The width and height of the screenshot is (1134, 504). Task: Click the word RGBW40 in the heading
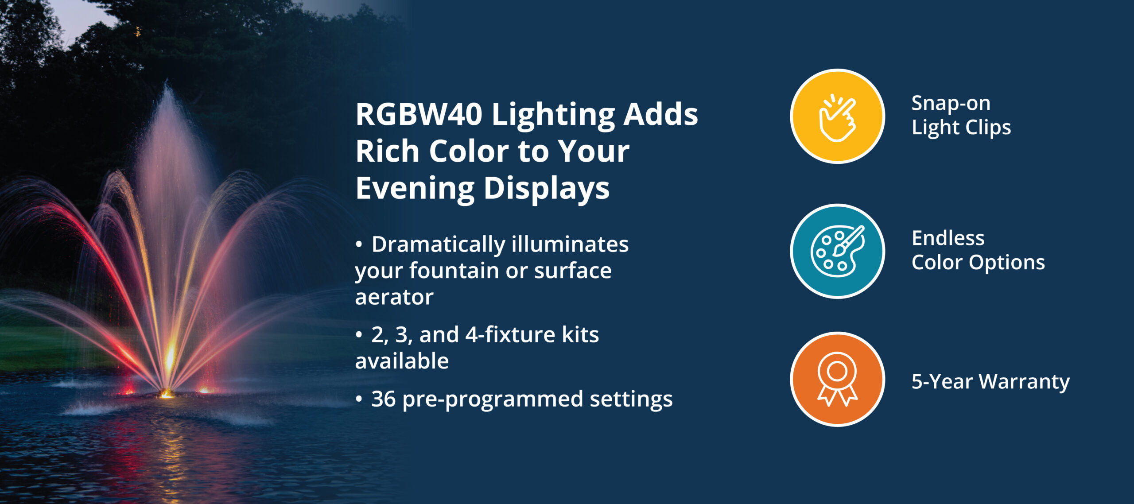tap(419, 114)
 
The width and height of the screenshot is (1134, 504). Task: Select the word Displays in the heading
tap(547, 189)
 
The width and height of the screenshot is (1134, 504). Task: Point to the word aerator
tap(394, 297)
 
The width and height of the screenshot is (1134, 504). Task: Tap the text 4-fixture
tap(510, 334)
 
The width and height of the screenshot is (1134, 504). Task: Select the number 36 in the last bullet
tap(383, 399)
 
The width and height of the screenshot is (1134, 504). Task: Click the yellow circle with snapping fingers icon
tap(837, 116)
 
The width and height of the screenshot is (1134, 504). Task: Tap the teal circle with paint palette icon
tap(837, 251)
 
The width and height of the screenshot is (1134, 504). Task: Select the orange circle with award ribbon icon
tap(837, 380)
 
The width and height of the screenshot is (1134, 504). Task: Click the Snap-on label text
tap(951, 104)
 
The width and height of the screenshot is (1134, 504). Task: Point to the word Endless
tap(948, 239)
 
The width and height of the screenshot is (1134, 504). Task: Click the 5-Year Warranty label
tap(990, 382)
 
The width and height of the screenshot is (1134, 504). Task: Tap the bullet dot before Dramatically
tap(359, 245)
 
